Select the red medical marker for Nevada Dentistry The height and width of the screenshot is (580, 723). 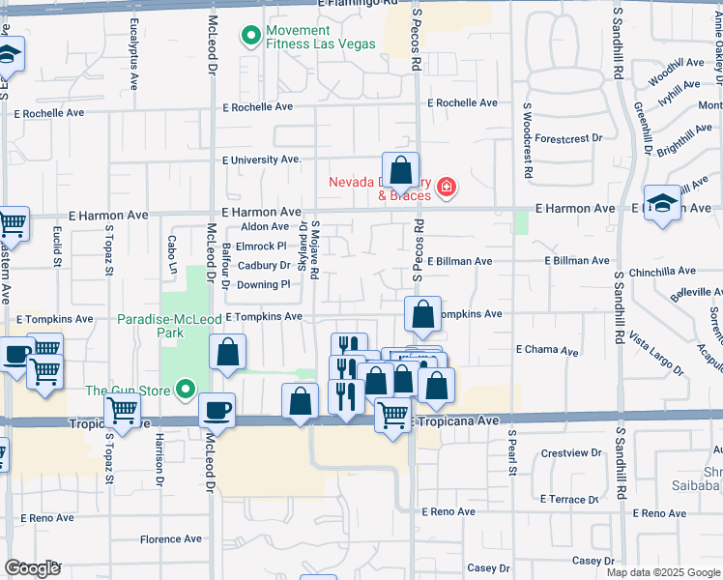(x=446, y=187)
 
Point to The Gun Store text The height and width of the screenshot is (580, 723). (x=127, y=391)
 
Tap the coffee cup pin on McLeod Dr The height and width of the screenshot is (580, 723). (x=217, y=409)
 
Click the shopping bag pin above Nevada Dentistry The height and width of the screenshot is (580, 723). (x=400, y=171)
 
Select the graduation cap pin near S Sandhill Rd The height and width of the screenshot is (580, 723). (x=662, y=204)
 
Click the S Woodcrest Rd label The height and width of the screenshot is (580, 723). (x=528, y=141)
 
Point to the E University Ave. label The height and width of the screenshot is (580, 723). (x=262, y=159)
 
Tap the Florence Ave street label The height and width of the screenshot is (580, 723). (x=171, y=539)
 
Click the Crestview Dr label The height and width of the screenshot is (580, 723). (x=571, y=452)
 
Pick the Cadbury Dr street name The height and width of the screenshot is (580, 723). (x=264, y=265)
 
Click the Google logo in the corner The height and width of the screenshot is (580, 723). (x=32, y=568)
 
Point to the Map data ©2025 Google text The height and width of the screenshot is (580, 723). (x=663, y=572)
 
